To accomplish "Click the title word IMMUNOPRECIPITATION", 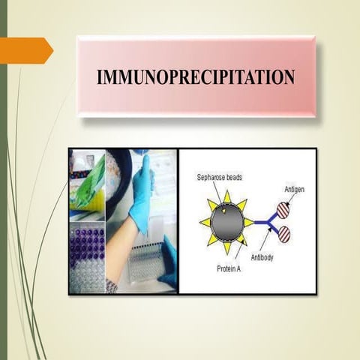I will (x=196, y=77).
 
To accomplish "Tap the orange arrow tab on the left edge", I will (x=27, y=49).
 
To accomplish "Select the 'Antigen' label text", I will (x=294, y=190).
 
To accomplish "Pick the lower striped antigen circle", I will (x=284, y=234).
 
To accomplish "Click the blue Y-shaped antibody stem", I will (x=259, y=222).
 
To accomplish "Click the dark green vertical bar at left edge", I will (x=3, y=180).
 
